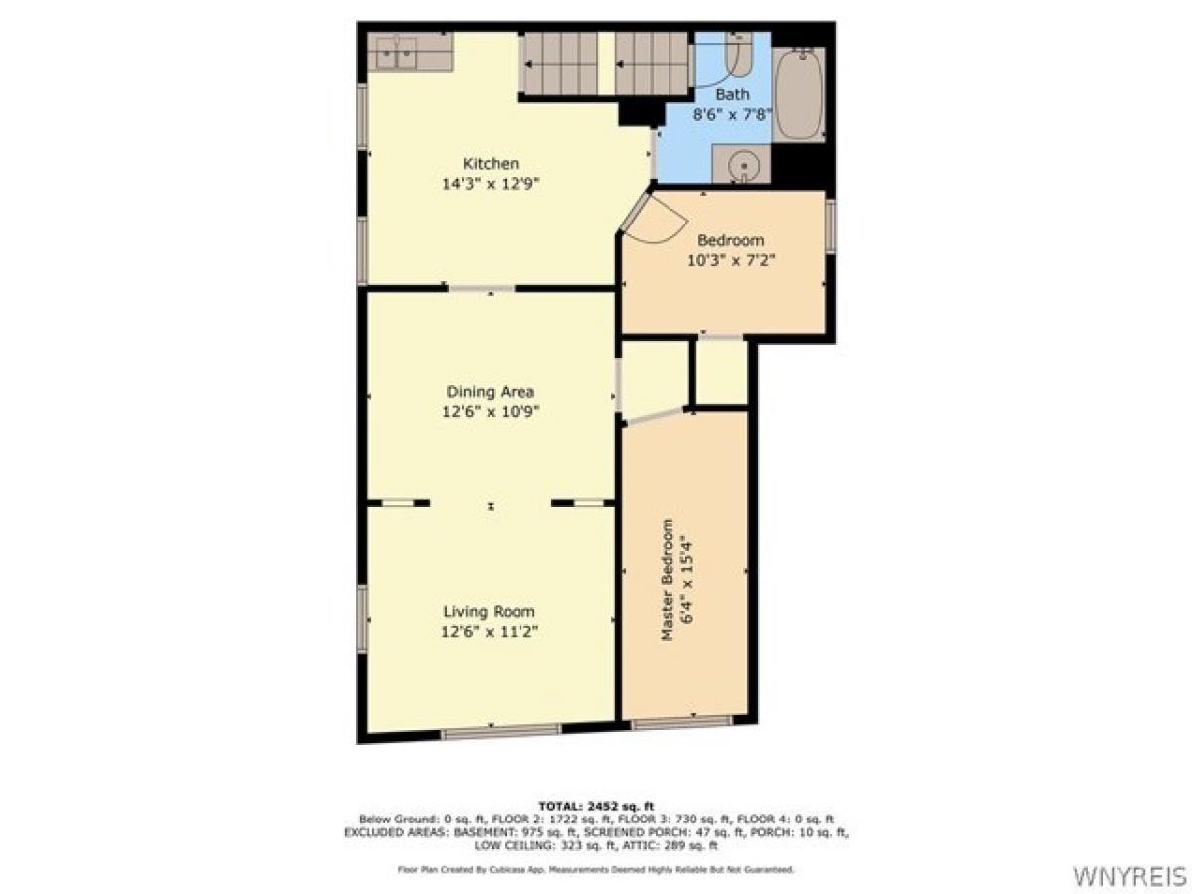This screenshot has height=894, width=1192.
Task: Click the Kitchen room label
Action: pos(491,163)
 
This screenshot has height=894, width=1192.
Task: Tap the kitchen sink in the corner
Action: pos(394,52)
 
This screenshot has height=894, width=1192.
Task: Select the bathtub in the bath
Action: pos(800,92)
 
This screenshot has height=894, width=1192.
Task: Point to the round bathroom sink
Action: pos(741,165)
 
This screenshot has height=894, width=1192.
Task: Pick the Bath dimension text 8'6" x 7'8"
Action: pos(732,113)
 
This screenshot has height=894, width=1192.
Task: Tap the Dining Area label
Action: pos(490,391)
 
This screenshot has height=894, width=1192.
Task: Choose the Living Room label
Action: pos(490,612)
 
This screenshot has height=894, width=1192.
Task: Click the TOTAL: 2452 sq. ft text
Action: pos(596,805)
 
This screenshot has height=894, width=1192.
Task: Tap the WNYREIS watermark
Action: pos(1129,875)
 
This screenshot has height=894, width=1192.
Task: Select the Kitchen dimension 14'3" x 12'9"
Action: pos(491,183)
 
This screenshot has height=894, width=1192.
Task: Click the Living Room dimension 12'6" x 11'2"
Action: pos(490,632)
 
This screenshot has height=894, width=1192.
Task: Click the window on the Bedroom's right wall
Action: pos(831,225)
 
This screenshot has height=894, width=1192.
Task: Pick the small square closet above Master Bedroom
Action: pos(721,372)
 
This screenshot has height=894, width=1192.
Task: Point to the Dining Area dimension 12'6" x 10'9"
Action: pos(490,411)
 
